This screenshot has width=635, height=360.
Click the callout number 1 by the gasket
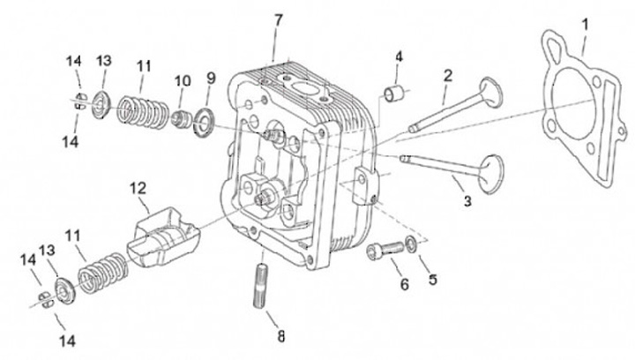tap(585, 25)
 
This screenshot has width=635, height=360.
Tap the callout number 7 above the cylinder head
tap(278, 20)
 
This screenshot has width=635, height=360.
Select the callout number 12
tap(138, 188)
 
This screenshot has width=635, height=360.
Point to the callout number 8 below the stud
tap(281, 335)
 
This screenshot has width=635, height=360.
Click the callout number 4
tap(399, 56)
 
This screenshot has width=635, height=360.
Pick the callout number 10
tap(183, 81)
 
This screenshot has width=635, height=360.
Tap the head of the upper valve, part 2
tap(490, 94)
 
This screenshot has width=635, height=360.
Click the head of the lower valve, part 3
tap(491, 173)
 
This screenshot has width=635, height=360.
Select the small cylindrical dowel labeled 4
tap(393, 94)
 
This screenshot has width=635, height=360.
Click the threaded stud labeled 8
tap(262, 285)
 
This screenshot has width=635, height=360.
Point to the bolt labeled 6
tap(385, 249)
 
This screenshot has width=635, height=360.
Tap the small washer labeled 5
tap(411, 244)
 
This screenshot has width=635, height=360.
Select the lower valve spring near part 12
tap(103, 273)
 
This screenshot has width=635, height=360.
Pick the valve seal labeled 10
tap(181, 119)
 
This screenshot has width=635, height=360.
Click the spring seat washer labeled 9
tap(204, 122)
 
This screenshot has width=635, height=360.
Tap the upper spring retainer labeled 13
tap(100, 105)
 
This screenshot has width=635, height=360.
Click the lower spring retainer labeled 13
tap(65, 290)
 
